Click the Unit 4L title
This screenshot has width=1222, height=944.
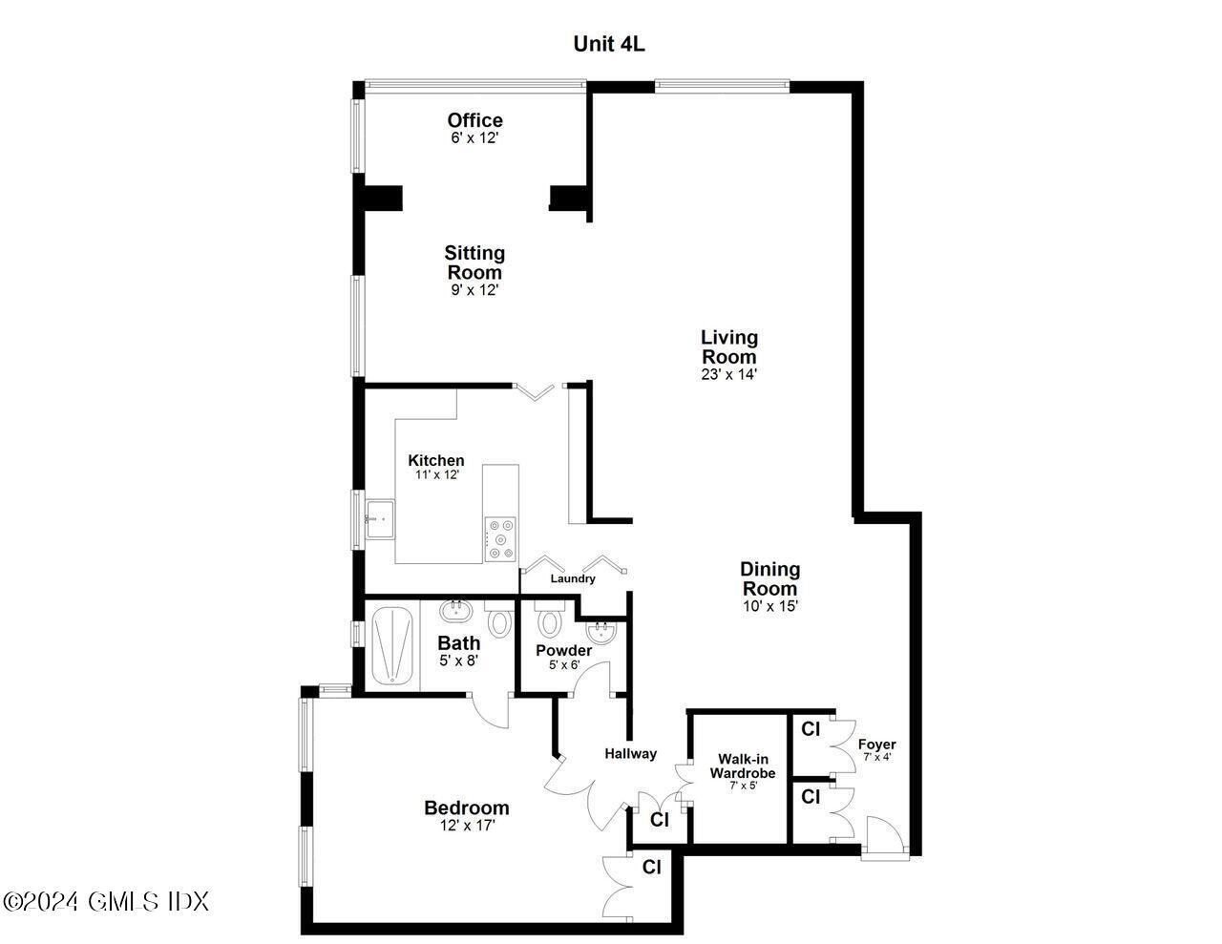point(608,44)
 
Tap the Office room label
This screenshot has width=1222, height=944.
point(474,120)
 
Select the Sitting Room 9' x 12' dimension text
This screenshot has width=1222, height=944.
point(474,290)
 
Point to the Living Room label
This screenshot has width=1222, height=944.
point(729,346)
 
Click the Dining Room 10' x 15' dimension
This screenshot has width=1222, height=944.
point(769,605)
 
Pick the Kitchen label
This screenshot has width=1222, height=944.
point(436,460)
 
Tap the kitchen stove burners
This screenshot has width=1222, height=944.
point(500,539)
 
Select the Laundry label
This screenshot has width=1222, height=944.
point(573,578)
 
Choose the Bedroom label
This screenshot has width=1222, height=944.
point(466,808)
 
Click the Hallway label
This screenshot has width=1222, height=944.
point(630,753)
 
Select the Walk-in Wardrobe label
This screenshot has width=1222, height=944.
point(742,766)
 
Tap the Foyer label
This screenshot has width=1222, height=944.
point(876,745)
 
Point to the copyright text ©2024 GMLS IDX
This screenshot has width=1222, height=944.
point(105,900)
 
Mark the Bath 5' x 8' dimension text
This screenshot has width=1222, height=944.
point(458,660)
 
